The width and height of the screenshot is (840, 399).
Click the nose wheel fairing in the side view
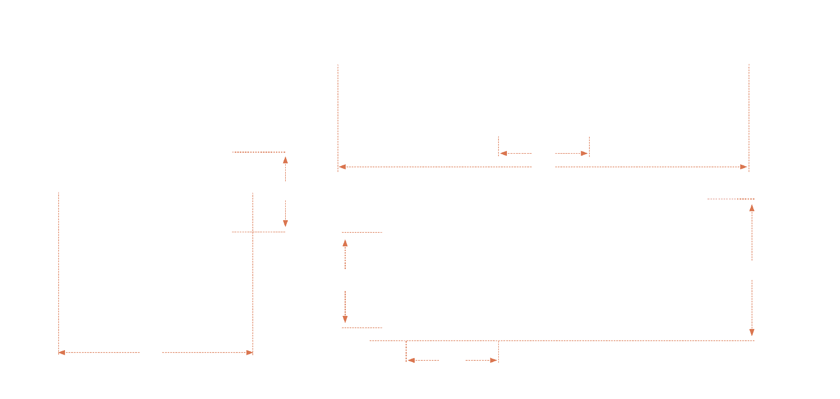407,330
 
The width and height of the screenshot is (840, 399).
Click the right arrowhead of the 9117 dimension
744,166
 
